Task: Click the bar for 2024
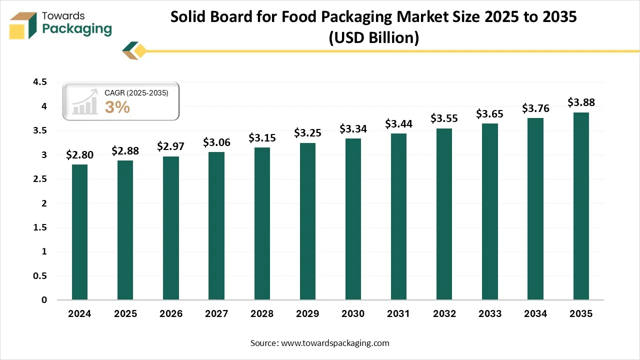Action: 79,232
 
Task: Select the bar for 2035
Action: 580,206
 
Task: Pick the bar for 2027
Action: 216,226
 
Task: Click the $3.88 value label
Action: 581,102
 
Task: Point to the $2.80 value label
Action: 79,154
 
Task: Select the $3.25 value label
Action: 307,133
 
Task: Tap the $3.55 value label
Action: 444,118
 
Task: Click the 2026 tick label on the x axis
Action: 170,314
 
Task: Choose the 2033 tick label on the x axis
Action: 489,314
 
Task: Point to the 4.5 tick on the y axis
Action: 40,82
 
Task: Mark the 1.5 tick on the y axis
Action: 40,227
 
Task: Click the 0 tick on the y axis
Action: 44,300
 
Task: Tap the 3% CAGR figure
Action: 117,107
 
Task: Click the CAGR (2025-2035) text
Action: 136,93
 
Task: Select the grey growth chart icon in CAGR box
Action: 84,102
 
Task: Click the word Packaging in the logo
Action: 77,29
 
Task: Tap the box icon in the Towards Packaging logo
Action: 24,25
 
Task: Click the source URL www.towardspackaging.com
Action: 334,343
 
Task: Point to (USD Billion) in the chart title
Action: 373,37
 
